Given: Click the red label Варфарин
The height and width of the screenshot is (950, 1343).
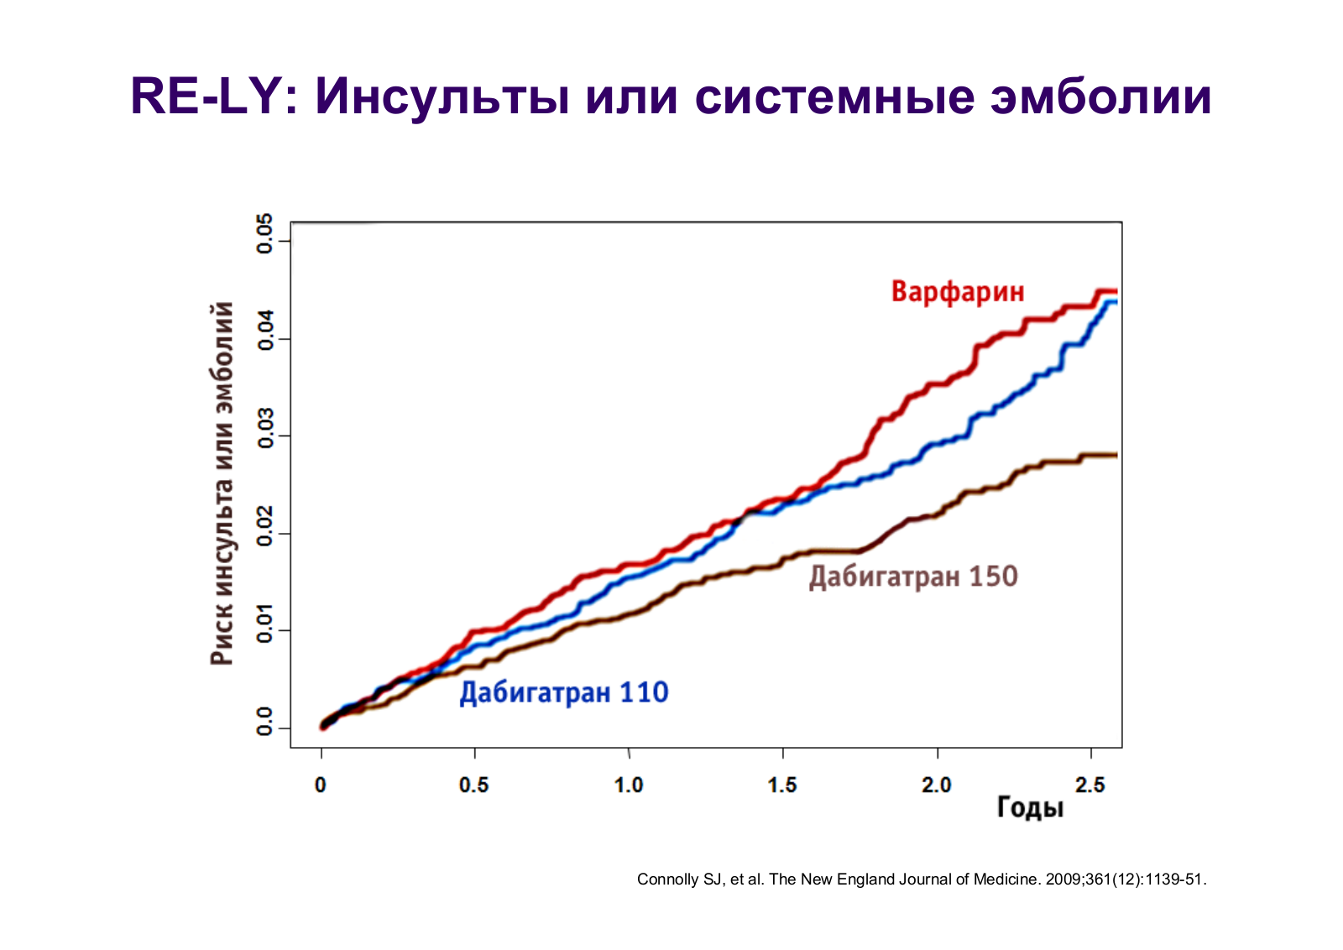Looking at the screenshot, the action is (x=958, y=293).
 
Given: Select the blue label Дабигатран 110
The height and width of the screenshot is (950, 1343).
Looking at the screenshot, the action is (x=563, y=693).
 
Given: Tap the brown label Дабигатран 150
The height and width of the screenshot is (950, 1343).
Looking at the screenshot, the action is (x=913, y=577).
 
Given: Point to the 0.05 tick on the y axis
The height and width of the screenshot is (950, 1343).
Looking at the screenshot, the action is (x=265, y=234).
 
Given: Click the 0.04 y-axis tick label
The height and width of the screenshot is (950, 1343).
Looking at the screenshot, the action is (x=265, y=331).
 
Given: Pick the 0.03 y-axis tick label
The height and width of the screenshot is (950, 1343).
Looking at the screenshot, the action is (x=265, y=428).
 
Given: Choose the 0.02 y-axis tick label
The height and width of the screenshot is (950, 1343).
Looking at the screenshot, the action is (x=265, y=525).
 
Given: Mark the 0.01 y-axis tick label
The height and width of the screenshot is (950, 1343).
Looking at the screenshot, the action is (x=265, y=624).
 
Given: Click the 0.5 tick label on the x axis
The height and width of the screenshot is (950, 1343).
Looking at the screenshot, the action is (x=473, y=786).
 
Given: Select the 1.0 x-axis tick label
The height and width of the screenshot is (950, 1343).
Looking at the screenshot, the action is (x=629, y=786).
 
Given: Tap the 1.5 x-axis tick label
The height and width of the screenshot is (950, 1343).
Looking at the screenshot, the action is (x=782, y=786).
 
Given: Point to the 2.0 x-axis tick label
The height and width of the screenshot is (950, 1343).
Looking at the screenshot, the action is (x=937, y=786).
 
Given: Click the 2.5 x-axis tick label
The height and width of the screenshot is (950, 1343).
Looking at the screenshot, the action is (x=1090, y=786).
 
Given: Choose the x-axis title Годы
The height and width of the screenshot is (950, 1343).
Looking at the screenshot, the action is (x=1030, y=808).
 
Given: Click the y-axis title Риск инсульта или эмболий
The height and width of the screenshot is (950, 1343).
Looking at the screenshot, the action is (x=222, y=483).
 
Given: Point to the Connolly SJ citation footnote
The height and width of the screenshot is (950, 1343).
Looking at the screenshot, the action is (x=922, y=880).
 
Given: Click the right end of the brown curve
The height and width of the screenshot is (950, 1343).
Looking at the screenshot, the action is (x=1116, y=456).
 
